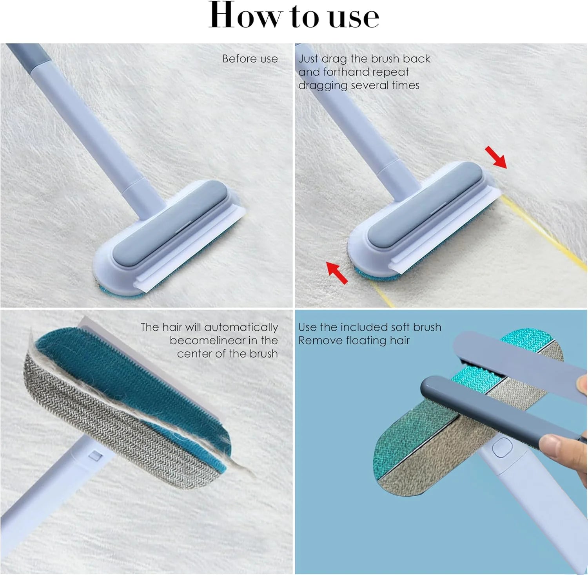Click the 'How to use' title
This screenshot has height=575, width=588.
pos(294,16)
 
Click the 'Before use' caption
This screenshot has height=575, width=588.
pos(250,59)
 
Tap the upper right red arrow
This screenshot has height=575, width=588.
pos(496,157)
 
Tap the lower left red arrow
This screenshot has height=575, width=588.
pos(337,273)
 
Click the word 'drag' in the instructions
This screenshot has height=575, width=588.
pos(334,59)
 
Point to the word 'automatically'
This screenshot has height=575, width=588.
pos(241,327)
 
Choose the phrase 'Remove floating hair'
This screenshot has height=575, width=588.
pos(354,340)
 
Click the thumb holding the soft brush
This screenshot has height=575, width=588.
pos(557,447)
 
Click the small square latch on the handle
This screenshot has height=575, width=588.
pos(95,456)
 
